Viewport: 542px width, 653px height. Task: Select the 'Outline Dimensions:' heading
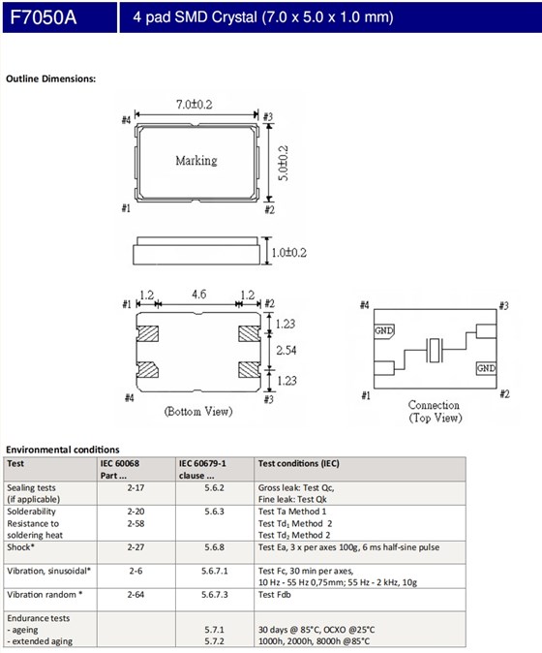tap(50, 78)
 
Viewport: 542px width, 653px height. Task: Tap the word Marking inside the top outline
tap(196, 161)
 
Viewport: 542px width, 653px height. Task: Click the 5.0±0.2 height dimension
tap(283, 161)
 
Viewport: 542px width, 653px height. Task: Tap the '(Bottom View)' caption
tap(198, 412)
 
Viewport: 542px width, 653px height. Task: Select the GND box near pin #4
tap(383, 329)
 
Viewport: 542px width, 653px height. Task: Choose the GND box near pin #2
tap(485, 369)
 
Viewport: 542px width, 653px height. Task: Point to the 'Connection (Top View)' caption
tap(434, 411)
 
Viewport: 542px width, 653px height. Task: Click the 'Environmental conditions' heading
tap(63, 450)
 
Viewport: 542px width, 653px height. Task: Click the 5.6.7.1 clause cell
tap(214, 572)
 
